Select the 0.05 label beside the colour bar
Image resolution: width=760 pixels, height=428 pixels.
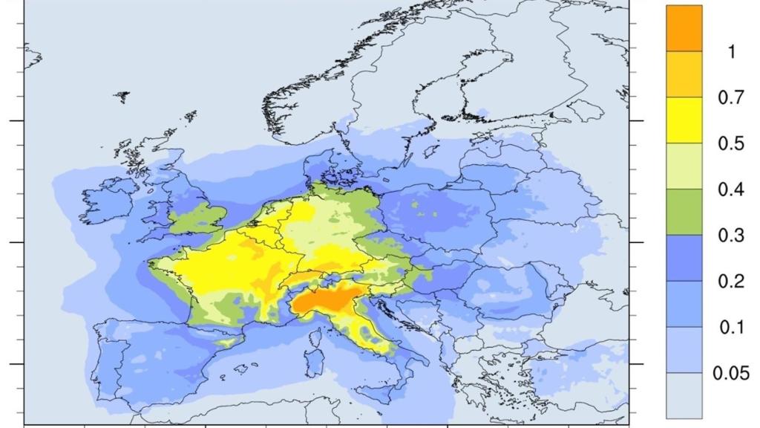tap(731, 373)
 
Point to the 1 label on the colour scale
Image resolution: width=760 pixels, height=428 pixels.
tap(731, 52)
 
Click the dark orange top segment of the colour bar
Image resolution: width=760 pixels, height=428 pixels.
tap(684, 28)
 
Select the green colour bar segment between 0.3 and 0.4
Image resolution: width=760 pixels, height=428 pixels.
tap(684, 212)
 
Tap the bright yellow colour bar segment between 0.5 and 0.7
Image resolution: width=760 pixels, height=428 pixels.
tap(684, 120)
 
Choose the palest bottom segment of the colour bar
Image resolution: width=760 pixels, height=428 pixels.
tap(684, 395)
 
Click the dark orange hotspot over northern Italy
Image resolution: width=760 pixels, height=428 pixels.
tap(320, 300)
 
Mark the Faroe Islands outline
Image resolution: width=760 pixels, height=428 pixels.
tap(122, 97)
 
